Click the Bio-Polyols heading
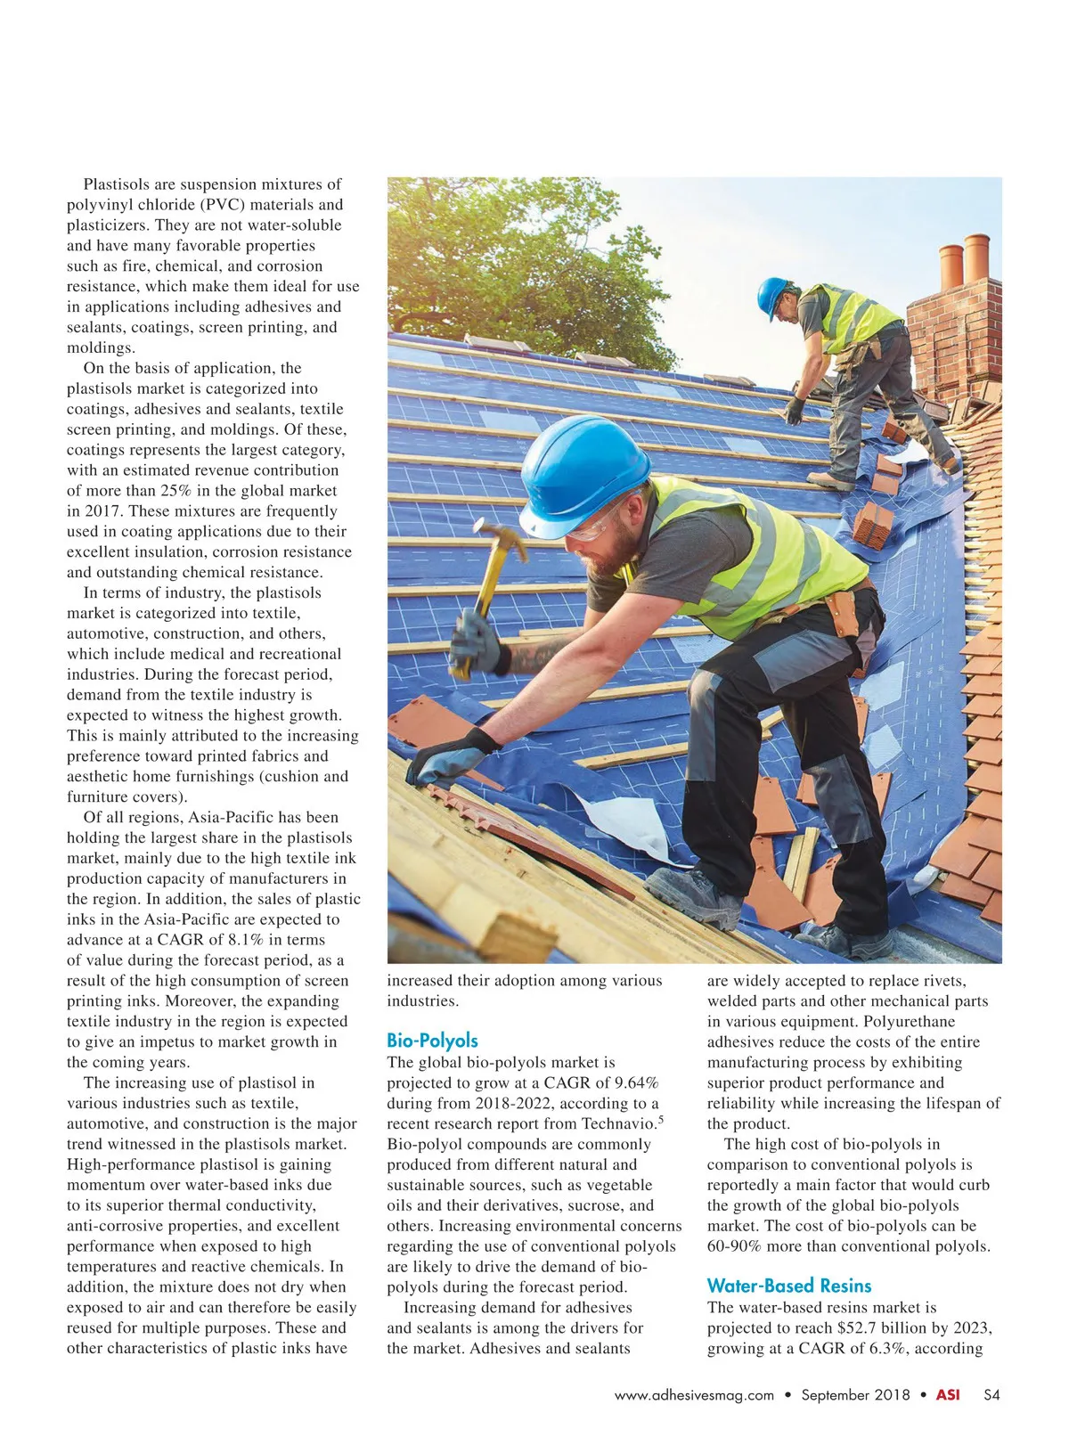pos(432,1041)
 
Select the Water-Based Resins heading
pos(788,1286)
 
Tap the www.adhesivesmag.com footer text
pos(694,1395)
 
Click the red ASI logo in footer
pos(948,1395)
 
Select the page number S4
pos(991,1395)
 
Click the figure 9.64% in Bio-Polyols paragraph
pos(629,1082)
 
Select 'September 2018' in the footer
pos(855,1395)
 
